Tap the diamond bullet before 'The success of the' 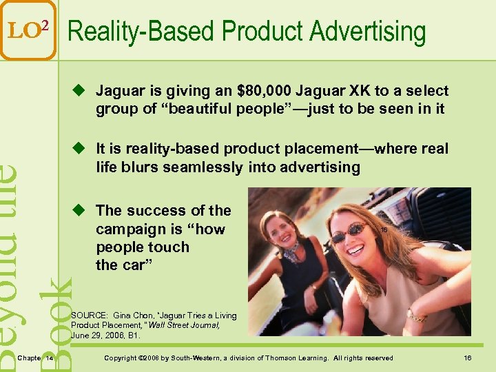(81, 210)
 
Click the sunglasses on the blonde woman (348, 234)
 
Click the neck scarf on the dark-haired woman (292, 252)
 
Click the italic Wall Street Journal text (189, 325)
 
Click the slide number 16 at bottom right (468, 358)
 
